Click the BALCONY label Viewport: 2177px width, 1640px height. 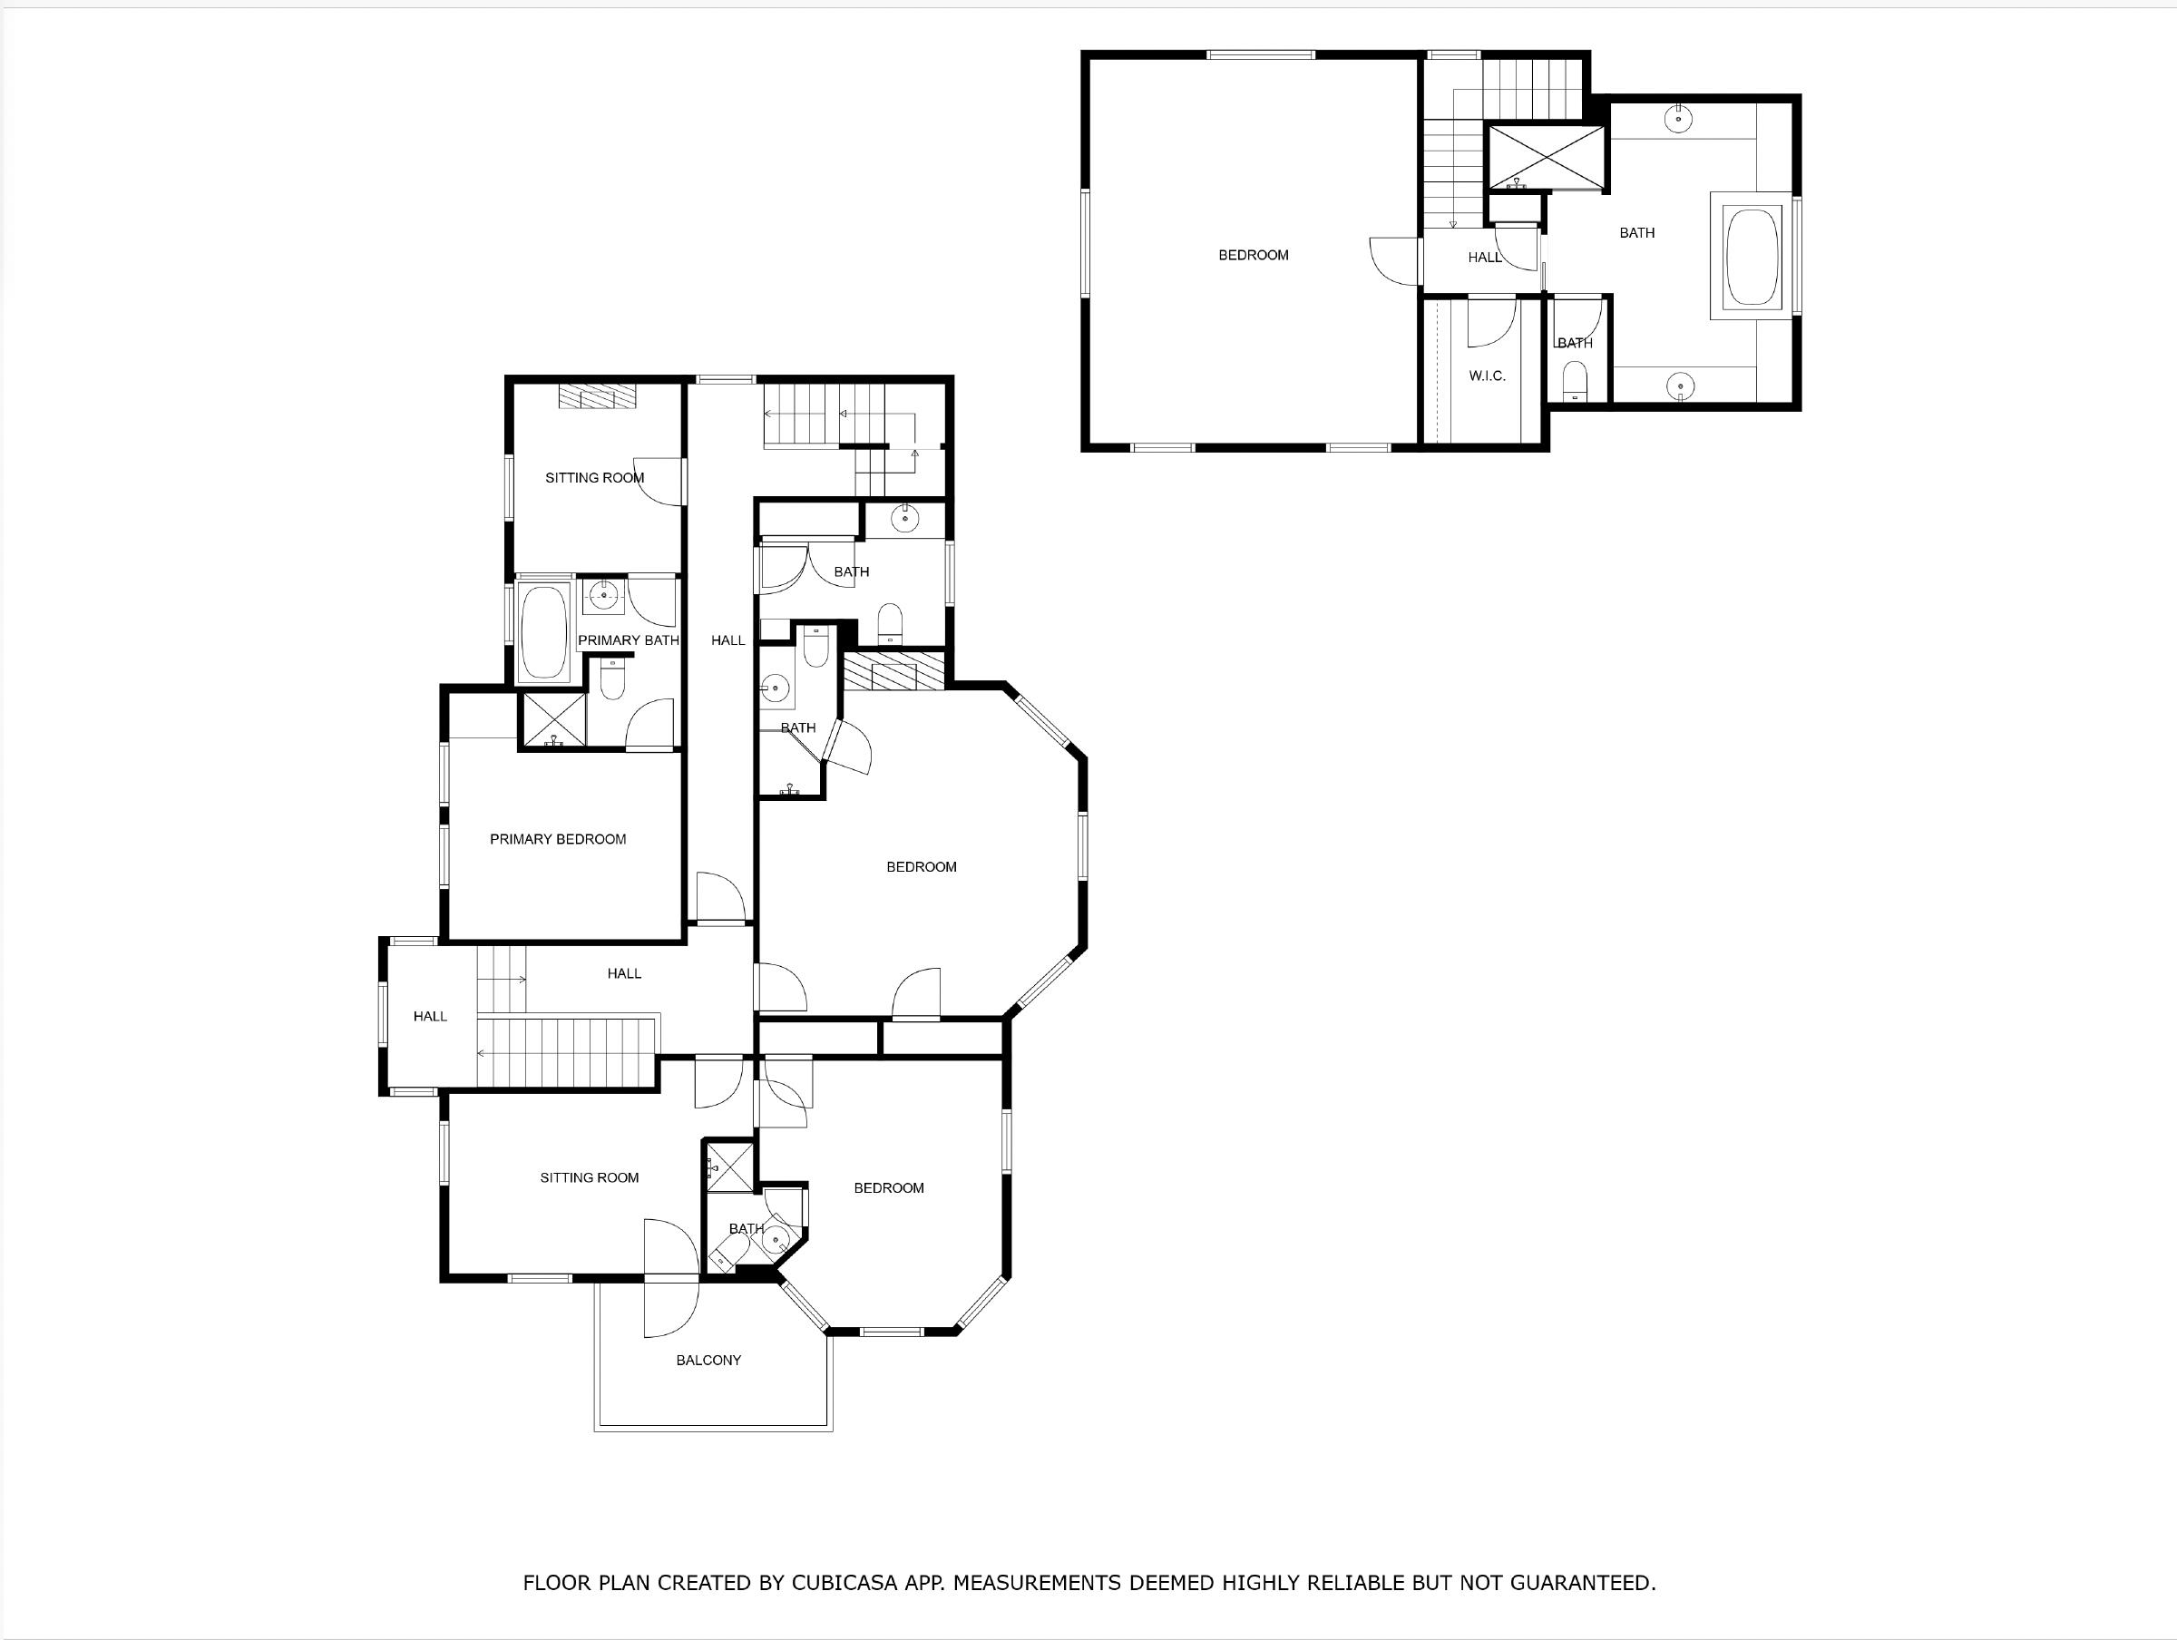[708, 1361]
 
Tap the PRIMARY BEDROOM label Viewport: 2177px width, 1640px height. [557, 840]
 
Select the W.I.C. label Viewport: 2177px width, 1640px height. [1486, 376]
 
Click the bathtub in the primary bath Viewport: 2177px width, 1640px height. [542, 632]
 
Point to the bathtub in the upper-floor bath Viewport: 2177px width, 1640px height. [1752, 256]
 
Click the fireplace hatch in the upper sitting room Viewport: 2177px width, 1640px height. [598, 395]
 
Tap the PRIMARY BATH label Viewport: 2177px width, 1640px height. [628, 640]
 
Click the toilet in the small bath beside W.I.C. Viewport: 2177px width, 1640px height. [1575, 380]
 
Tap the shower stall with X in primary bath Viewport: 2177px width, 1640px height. [553, 719]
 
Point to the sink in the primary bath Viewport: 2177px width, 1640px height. [602, 594]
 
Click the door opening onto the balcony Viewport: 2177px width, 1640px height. [670, 1280]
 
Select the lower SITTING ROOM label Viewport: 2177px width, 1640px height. [589, 1178]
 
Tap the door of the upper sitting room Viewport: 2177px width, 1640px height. [660, 483]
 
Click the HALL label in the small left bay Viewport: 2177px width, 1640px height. [429, 1017]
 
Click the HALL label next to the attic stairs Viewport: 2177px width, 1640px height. [1484, 258]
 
